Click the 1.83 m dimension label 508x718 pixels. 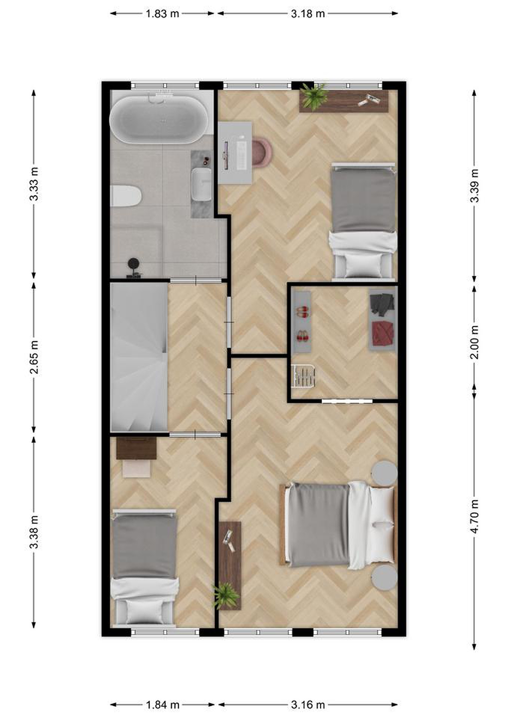(162, 14)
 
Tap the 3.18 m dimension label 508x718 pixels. (308, 14)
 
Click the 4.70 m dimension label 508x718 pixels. (474, 516)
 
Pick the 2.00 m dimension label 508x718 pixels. (474, 342)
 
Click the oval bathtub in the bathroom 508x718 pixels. (158, 119)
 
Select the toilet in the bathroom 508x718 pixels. (126, 196)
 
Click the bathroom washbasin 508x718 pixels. (202, 184)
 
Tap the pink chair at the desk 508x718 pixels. (262, 152)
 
